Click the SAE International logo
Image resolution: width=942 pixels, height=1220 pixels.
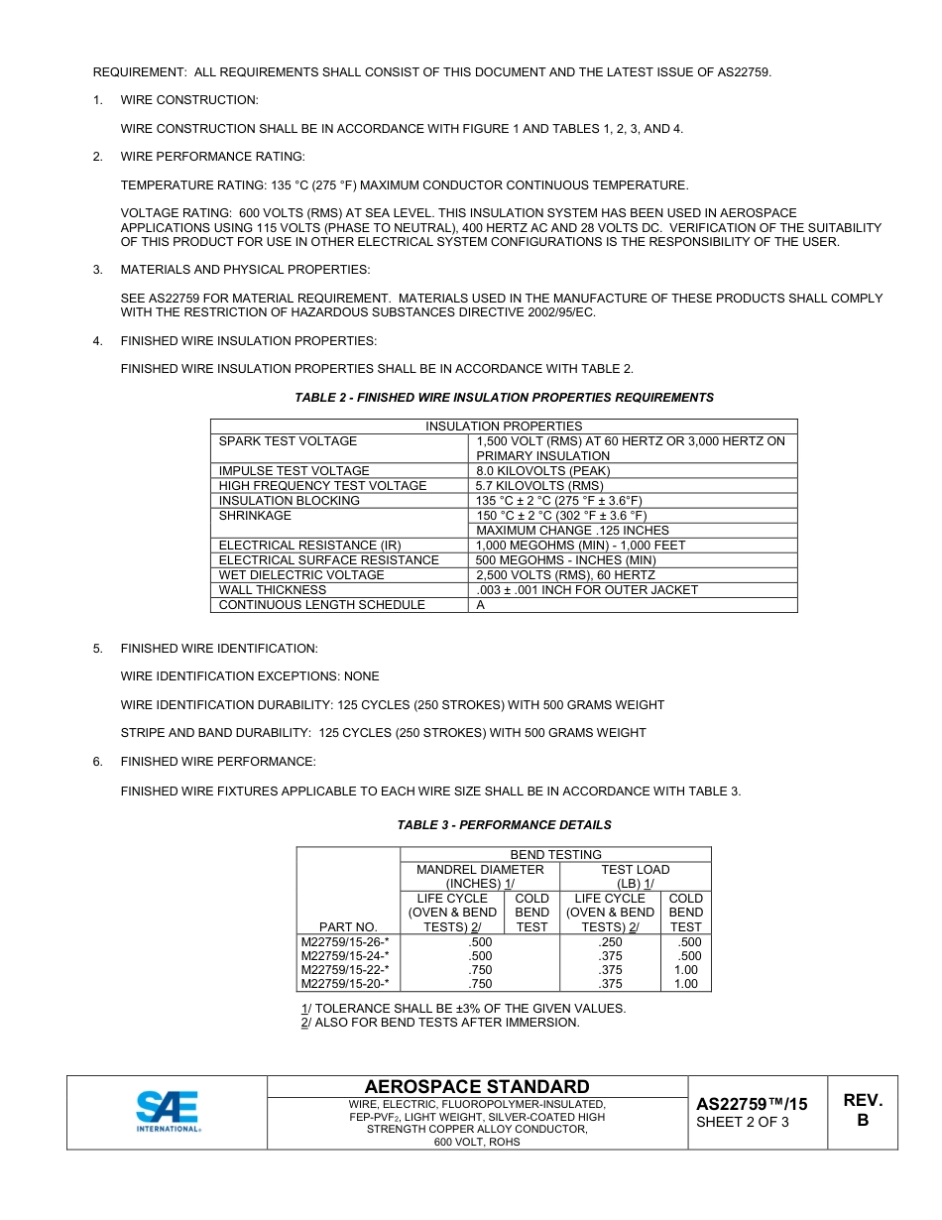(168, 1111)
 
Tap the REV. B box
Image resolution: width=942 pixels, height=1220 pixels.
(862, 1110)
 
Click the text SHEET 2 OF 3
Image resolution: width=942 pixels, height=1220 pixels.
(743, 1122)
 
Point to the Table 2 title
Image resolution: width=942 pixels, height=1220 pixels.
(504, 398)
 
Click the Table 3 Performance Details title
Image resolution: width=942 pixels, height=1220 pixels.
(504, 825)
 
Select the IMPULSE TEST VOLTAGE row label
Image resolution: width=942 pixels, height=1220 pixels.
(294, 471)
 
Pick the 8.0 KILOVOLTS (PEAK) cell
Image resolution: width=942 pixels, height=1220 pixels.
(542, 471)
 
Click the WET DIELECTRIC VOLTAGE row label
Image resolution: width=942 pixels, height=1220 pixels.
(301, 575)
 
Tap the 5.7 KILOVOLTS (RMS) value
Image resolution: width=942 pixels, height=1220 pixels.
(539, 486)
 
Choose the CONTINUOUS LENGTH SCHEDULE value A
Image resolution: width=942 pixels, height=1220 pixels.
(481, 605)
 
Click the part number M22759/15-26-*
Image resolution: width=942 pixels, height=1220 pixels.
(345, 942)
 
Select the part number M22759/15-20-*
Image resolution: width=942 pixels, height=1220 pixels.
(345, 984)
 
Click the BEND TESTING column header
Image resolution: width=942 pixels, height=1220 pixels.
(555, 854)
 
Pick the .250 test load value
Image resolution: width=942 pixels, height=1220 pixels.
(610, 942)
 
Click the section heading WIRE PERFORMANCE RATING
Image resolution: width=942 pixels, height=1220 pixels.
(212, 157)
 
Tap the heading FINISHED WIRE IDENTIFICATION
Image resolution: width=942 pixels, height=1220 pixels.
(219, 649)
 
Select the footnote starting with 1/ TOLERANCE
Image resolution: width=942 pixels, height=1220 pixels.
(463, 1009)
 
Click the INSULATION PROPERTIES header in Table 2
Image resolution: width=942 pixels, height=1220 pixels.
(504, 427)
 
